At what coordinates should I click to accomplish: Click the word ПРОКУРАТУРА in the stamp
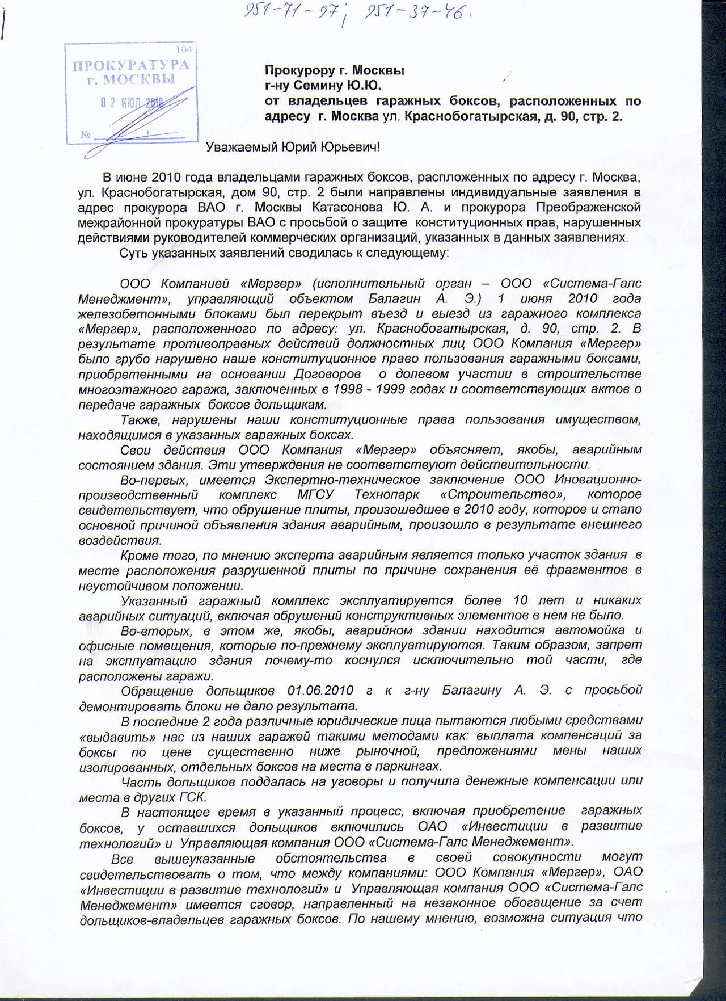pos(131,65)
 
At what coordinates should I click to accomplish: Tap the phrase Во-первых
pos(150,480)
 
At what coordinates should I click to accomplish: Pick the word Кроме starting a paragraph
pos(140,555)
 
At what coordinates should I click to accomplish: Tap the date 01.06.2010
pos(320,691)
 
